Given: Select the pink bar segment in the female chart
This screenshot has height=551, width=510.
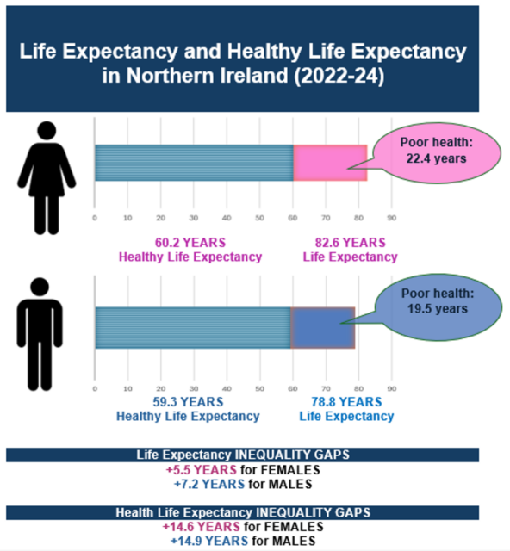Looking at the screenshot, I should [330, 163].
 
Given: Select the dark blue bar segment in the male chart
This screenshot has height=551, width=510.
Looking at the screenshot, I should [322, 327].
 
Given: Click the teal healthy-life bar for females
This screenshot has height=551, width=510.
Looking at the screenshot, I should [194, 163].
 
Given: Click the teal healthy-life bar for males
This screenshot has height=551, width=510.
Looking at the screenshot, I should [192, 327].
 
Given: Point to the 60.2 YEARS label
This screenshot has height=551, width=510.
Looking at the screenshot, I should [190, 243].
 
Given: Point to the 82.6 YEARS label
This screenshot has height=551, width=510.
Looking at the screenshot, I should [350, 243].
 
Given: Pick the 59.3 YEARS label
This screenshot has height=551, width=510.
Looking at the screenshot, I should [188, 402].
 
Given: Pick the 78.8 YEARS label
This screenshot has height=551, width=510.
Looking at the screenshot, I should [346, 402].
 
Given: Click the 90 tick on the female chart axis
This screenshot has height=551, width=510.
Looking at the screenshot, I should [391, 217].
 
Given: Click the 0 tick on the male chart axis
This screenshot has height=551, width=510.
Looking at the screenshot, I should [95, 376].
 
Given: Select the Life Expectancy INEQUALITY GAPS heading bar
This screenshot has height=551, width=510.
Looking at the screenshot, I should [242, 455].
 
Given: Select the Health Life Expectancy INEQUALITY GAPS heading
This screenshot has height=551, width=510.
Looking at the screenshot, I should [242, 513].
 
